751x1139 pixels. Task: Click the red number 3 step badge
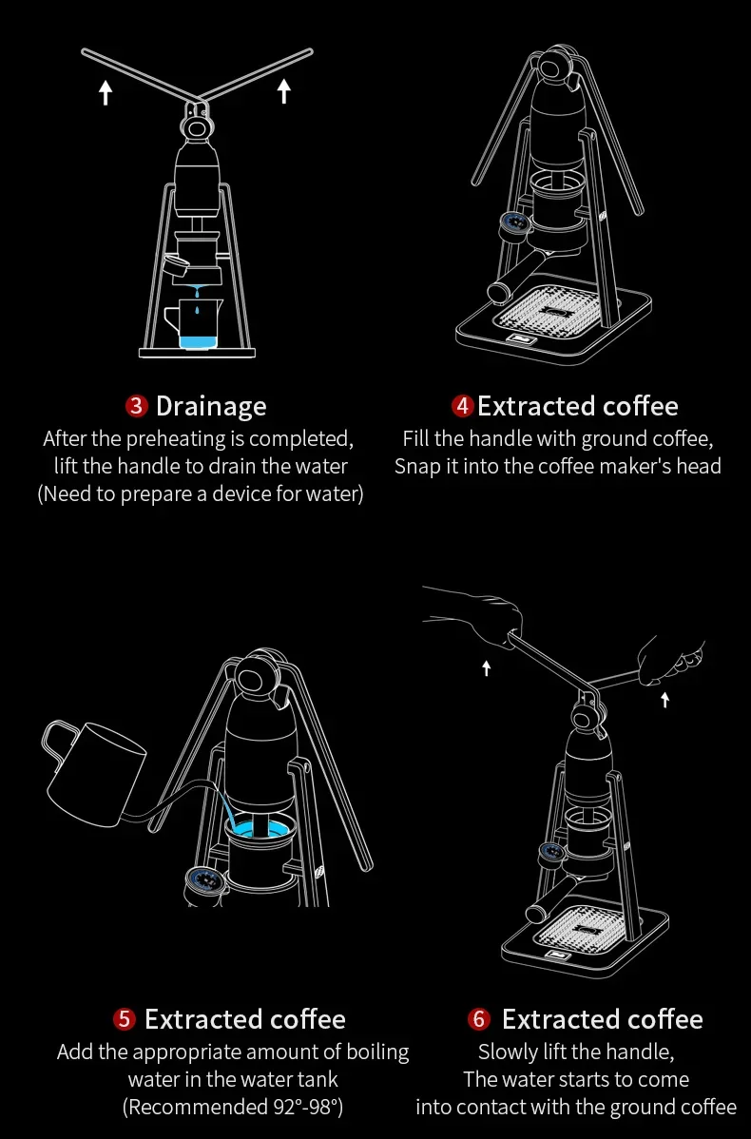tap(137, 406)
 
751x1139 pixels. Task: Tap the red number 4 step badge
tap(463, 406)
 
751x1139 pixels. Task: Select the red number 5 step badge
tap(125, 1019)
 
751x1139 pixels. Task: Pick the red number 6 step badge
tap(478, 1019)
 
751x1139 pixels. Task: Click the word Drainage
tap(211, 407)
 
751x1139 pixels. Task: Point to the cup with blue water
tap(192, 322)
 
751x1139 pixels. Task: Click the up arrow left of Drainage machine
tap(106, 92)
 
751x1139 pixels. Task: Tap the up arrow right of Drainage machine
tap(284, 91)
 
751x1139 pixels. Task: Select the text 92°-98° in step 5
tap(305, 1107)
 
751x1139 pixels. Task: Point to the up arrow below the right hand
tap(664, 700)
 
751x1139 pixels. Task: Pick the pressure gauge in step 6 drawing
tap(552, 852)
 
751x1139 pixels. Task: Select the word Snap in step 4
tap(417, 467)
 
